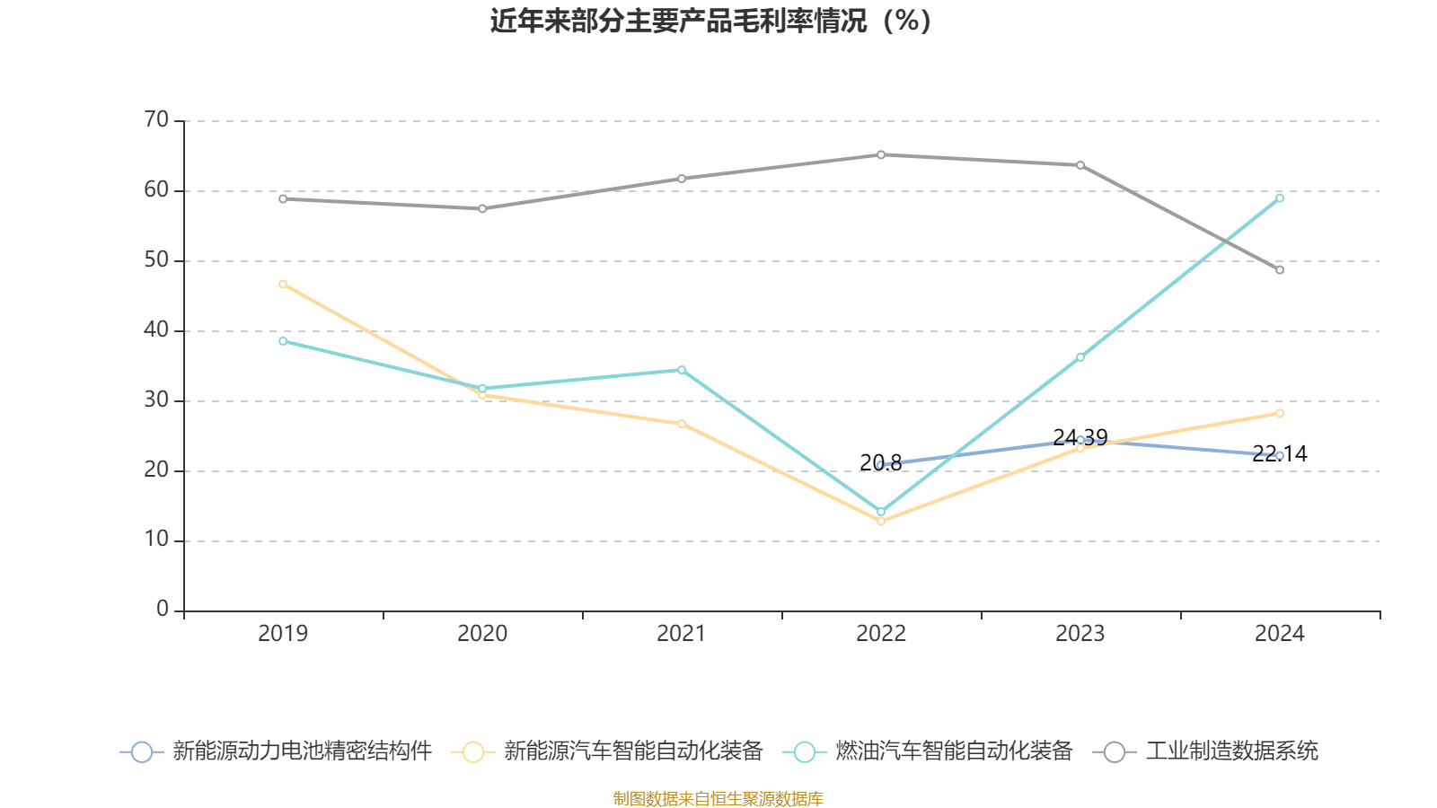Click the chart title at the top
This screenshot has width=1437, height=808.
click(710, 21)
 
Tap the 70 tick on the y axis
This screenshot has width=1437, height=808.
click(156, 119)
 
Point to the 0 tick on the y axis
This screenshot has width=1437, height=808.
click(163, 610)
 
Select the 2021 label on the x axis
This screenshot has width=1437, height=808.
click(681, 634)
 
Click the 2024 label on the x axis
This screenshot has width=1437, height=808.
click(1279, 634)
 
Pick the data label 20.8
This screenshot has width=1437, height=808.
click(880, 463)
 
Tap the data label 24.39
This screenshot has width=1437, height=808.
click(1080, 437)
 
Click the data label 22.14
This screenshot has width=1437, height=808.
click(1279, 454)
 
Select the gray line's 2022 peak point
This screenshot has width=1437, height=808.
click(881, 154)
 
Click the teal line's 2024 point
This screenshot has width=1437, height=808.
click(1280, 198)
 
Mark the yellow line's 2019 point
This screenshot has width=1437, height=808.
click(283, 284)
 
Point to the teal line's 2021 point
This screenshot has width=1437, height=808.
click(682, 370)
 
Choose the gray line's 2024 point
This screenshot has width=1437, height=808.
click(1280, 270)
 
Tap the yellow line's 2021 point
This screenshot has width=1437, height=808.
click(682, 424)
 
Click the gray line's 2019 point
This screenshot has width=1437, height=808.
click(283, 198)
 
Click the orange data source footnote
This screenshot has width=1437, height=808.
click(718, 798)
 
